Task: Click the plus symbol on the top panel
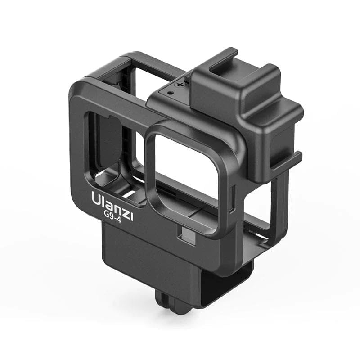click(x=180, y=84)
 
